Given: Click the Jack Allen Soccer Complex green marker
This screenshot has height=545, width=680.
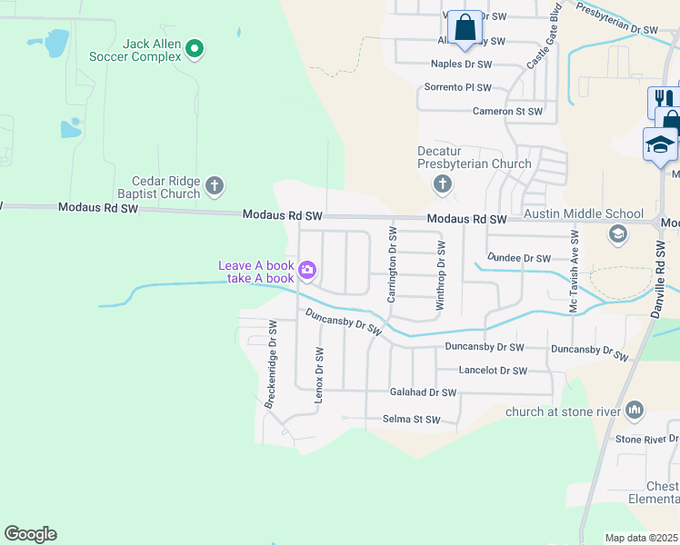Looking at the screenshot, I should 195,48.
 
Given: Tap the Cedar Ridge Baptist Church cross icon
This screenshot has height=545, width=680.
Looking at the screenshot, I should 215,187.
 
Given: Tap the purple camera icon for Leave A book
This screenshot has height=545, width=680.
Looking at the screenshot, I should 308,270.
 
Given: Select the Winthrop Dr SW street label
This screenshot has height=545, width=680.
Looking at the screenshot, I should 441,276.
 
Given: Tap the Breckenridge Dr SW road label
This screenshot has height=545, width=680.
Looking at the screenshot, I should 270,363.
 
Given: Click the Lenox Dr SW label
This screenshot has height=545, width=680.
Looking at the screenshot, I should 319,374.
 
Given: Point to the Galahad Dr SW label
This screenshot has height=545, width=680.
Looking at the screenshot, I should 423,392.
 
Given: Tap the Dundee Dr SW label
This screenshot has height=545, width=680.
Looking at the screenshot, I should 519,258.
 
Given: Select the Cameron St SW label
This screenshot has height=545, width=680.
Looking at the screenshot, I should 507,111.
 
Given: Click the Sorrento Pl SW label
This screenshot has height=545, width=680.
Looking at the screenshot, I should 458,88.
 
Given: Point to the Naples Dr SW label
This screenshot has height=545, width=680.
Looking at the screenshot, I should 461,65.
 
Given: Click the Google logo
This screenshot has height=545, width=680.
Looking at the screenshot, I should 30,533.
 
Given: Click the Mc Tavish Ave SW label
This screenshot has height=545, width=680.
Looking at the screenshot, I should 574,272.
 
